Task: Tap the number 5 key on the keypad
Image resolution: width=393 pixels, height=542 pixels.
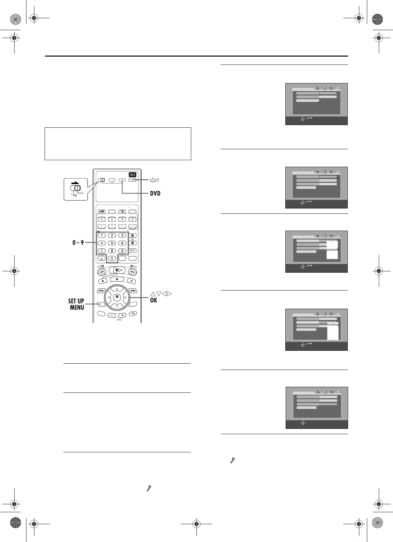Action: (x=112, y=243)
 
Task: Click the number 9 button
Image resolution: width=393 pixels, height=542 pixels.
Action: (x=122, y=251)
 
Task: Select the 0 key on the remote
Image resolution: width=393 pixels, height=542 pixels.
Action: (x=112, y=258)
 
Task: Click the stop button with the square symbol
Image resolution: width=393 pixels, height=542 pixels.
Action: (x=117, y=279)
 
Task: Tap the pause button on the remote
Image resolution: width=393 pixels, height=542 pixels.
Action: (x=132, y=281)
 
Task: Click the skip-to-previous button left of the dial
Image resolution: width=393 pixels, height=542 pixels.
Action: (x=101, y=291)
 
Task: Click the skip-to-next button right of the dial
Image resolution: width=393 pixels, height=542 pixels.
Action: (x=133, y=291)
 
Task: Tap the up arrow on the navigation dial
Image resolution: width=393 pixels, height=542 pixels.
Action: (x=117, y=289)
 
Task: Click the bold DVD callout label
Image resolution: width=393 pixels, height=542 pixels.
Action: (x=155, y=193)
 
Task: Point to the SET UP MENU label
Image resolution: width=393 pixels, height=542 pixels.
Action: (x=76, y=304)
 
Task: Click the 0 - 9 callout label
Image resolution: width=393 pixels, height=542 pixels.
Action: (x=78, y=243)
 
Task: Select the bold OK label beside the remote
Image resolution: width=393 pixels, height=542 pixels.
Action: (x=153, y=300)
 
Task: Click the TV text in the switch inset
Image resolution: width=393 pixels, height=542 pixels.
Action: (x=75, y=196)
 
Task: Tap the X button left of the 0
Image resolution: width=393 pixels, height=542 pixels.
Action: (x=101, y=258)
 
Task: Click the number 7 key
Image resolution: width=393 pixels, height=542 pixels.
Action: (x=101, y=251)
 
